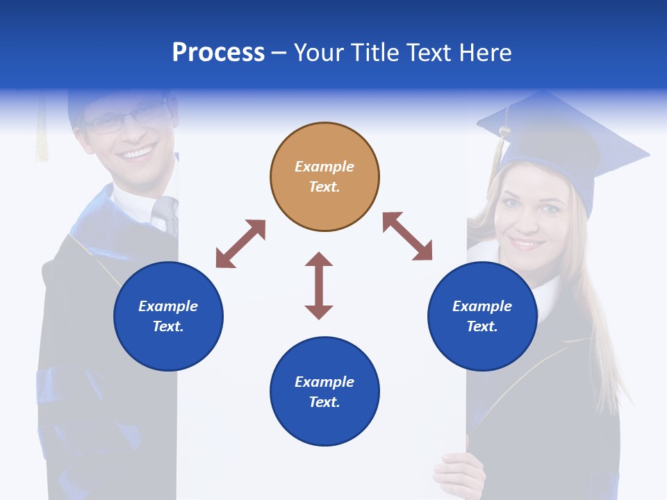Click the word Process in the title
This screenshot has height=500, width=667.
(x=218, y=53)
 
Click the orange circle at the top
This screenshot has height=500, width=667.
(x=324, y=176)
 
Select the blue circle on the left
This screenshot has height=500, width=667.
(x=168, y=316)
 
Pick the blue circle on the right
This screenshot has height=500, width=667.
(x=482, y=316)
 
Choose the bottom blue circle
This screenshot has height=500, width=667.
(x=324, y=392)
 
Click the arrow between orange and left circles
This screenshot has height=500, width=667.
(x=240, y=244)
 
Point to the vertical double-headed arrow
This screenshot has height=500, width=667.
(x=319, y=285)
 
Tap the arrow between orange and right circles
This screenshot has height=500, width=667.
(x=408, y=236)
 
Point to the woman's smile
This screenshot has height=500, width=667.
(x=527, y=244)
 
